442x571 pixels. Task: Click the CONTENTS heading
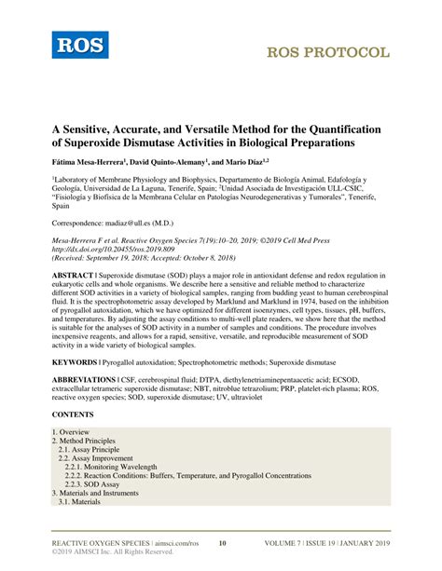click(x=73, y=414)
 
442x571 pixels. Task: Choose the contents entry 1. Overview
click(x=71, y=433)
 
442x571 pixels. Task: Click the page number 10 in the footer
click(x=222, y=542)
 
